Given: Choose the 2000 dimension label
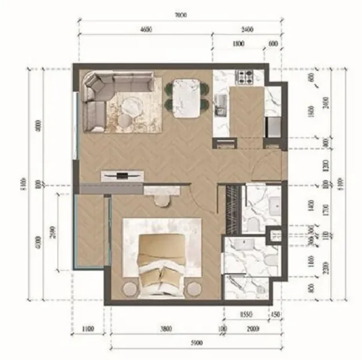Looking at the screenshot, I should coord(252,328).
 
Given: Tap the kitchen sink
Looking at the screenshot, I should coord(220,103).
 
